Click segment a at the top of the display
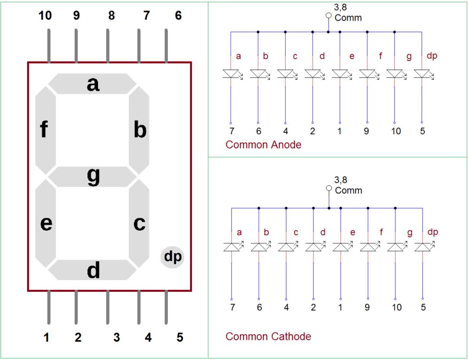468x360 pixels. [93, 84]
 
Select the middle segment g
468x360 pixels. [93, 177]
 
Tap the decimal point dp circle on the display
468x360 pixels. [173, 257]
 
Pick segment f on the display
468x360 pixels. [45, 130]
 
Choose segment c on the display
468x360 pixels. [139, 223]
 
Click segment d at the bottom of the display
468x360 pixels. [93, 271]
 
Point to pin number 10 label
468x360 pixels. [45, 16]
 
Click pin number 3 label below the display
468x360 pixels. [116, 338]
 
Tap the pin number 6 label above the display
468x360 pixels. [178, 16]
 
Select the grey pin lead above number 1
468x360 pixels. [48, 307]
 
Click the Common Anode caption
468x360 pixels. [264, 145]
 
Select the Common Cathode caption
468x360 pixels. [268, 337]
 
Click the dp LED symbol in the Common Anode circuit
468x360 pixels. [422, 74]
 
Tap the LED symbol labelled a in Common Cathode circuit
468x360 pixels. [231, 247]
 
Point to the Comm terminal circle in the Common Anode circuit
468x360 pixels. [328, 16]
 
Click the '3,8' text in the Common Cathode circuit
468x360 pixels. [341, 180]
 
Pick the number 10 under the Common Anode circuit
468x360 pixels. [396, 131]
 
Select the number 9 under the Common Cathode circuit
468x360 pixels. [367, 307]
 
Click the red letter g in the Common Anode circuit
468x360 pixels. [408, 57]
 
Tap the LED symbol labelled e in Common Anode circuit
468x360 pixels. [340, 74]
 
